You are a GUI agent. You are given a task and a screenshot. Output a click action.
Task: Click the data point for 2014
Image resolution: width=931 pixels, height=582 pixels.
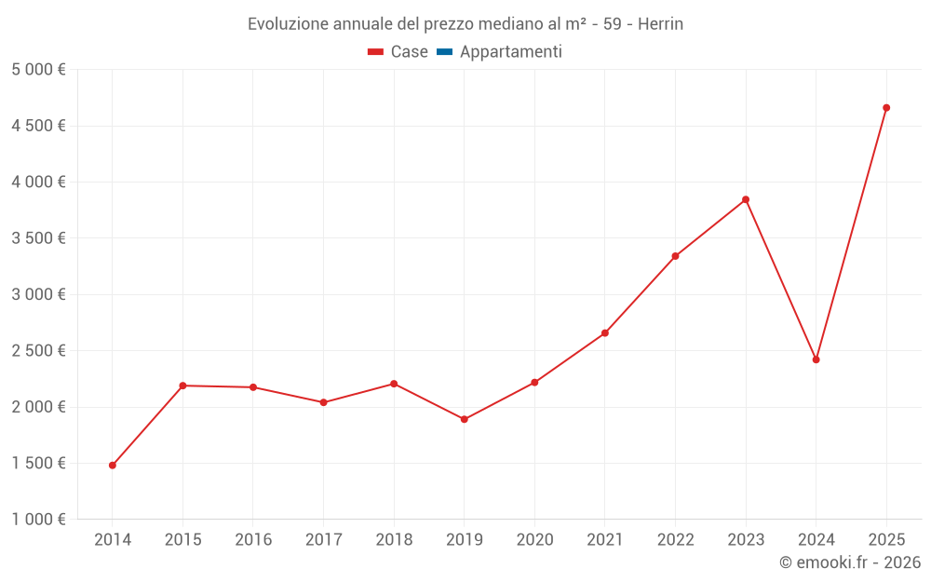pos(113,465)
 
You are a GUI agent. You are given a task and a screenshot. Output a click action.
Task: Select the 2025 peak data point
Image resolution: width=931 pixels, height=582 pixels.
pos(886,108)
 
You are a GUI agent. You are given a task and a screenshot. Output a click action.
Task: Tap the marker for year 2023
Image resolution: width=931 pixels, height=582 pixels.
pos(746,199)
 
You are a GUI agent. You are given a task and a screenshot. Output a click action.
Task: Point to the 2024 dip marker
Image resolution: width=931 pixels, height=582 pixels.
pos(816,359)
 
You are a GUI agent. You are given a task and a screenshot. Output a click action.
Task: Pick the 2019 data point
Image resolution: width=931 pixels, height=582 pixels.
pos(465,419)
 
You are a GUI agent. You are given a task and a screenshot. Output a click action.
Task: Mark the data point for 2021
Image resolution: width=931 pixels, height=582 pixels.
pos(605,333)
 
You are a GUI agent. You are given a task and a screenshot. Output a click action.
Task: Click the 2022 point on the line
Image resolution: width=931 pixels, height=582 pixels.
pos(675,256)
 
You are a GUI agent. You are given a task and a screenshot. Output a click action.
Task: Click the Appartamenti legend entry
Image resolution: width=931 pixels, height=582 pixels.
pos(510,52)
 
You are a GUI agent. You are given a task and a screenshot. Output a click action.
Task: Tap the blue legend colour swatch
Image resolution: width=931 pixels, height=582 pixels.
pos(444,52)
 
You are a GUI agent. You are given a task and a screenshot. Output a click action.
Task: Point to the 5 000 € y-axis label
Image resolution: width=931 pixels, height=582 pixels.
pos(38,70)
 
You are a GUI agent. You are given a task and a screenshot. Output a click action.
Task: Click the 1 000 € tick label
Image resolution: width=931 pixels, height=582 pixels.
pos(38,520)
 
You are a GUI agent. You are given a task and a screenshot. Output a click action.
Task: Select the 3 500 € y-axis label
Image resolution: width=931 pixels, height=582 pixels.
pos(38,238)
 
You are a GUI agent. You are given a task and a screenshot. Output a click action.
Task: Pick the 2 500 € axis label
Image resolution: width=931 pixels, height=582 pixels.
pos(38,351)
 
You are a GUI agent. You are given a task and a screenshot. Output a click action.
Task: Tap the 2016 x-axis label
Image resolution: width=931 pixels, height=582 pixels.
pos(253,539)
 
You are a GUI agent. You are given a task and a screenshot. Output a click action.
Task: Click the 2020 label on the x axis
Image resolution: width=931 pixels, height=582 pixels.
pos(534,539)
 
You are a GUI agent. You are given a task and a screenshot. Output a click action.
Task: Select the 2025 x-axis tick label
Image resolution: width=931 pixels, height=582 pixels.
pos(886,539)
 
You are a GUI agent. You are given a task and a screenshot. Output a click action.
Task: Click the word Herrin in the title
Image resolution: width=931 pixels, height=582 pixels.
pos(660,24)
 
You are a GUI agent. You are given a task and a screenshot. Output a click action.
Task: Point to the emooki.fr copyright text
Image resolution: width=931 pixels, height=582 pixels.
pos(850,562)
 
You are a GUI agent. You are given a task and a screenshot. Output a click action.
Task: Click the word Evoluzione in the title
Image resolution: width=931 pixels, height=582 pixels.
pos(286,24)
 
